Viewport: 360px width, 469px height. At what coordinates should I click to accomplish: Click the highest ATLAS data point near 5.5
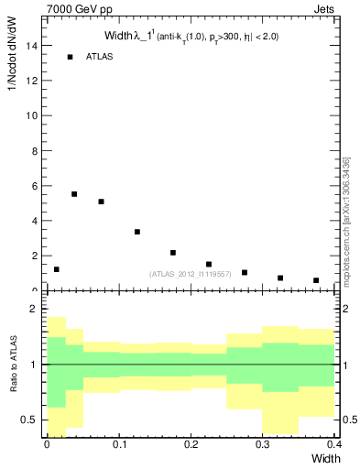[74, 194]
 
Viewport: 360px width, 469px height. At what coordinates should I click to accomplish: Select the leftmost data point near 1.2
[57, 269]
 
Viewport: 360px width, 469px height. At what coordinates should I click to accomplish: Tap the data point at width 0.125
[136, 232]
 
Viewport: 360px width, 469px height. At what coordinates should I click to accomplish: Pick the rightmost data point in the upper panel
[316, 280]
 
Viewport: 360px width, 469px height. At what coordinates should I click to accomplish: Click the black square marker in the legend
[70, 57]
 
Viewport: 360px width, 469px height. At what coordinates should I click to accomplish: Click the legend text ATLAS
[99, 57]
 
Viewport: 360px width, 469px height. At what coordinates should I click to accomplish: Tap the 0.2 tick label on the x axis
[191, 444]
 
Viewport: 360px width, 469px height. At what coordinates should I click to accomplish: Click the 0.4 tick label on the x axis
[333, 444]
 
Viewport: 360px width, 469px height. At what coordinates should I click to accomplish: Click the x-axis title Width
[323, 457]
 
